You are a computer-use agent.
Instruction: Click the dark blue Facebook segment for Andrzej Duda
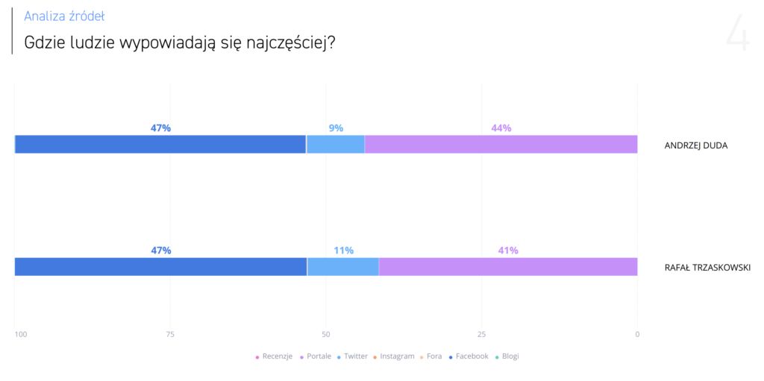pos(160,145)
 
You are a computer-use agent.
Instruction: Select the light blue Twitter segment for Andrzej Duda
pos(335,145)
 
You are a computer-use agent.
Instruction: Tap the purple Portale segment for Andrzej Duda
pos(501,145)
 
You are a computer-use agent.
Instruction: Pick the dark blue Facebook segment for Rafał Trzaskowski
pos(160,267)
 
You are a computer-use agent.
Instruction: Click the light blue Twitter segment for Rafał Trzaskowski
pos(342,267)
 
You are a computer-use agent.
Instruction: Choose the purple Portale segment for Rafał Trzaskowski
pos(508,267)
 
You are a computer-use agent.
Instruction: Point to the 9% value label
pos(336,128)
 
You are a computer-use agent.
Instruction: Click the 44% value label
pos(501,128)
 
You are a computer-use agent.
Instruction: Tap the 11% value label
pos(343,251)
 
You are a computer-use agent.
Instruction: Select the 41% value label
pos(508,251)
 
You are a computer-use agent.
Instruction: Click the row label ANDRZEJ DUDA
pos(695,145)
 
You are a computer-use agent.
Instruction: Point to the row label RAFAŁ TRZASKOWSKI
pos(707,268)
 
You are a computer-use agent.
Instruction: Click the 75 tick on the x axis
pos(170,335)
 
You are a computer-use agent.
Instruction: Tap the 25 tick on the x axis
pos(481,335)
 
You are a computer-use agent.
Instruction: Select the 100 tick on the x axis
pos(21,335)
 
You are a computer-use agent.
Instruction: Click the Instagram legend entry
pos(396,356)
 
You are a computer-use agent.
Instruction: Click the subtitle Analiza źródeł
pos(64,16)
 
